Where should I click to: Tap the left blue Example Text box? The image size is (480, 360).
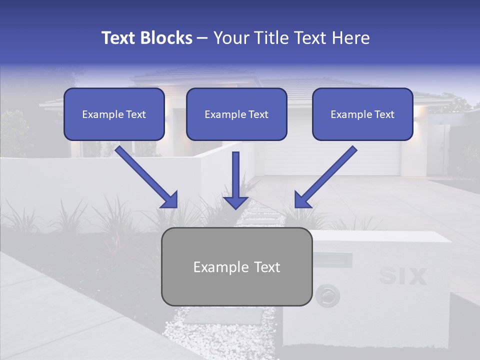point(114,114)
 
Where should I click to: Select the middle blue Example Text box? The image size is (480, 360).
point(236,114)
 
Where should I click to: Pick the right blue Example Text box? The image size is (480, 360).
point(362,114)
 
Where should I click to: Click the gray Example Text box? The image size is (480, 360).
point(236,267)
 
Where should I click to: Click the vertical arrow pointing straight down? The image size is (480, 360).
point(235,180)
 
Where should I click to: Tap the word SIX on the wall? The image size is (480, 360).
point(403,276)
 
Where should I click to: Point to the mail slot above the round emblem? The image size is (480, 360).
point(332,260)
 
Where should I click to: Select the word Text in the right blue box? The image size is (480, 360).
point(384,114)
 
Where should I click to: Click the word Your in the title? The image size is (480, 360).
point(228,38)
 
